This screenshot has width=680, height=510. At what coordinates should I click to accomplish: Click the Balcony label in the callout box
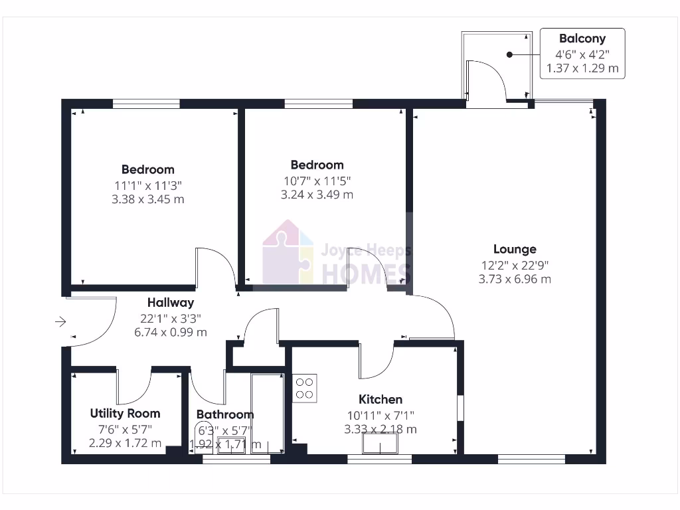(x=582, y=39)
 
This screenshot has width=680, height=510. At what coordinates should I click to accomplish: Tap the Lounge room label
(x=515, y=250)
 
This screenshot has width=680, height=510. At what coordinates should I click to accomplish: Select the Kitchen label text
(x=381, y=399)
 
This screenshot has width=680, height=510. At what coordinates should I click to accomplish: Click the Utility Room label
(x=125, y=413)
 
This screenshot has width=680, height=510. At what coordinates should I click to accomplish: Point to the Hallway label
(x=171, y=303)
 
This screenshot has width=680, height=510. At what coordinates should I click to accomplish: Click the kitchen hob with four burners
(x=305, y=388)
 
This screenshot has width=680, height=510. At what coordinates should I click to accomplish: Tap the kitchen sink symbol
(x=381, y=444)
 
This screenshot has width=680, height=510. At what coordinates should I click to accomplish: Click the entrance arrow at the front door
(x=60, y=322)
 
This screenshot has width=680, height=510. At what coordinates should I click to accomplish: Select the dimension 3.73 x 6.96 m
(x=515, y=279)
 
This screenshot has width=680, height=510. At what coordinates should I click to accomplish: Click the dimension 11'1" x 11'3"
(x=147, y=185)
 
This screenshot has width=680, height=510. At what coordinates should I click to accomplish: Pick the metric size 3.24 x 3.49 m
(x=317, y=195)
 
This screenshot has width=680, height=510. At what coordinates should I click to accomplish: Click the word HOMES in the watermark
(x=366, y=273)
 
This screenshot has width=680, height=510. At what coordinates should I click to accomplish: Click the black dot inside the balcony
(x=509, y=54)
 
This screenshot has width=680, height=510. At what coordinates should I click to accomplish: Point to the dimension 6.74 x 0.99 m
(x=171, y=332)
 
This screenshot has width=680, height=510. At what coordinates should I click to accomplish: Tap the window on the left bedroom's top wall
(x=146, y=104)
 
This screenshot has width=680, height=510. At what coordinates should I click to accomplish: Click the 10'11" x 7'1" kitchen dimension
(x=381, y=415)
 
